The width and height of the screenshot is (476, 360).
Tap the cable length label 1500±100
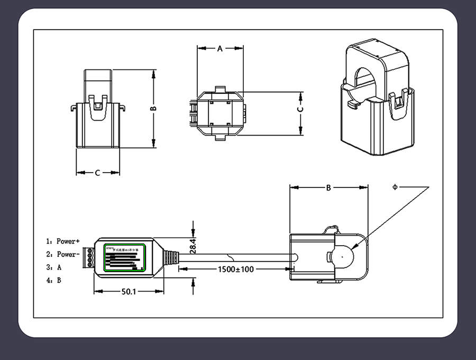pos(236,269)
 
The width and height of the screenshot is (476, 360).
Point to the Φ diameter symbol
pos(395,187)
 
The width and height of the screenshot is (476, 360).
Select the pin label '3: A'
pos(54,267)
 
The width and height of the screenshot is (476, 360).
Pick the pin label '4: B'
pos(54,280)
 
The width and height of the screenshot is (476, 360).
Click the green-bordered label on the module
pos(125,257)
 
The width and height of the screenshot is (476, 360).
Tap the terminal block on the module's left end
pos(90,257)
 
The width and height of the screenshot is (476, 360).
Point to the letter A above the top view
pos(220,48)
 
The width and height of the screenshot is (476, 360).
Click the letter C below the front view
pos(97,173)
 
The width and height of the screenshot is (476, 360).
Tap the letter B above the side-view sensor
pos(328,187)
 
